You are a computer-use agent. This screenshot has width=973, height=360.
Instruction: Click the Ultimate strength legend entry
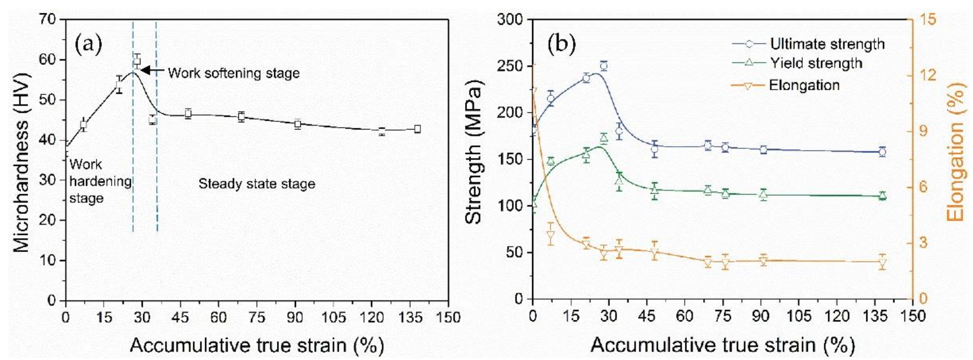[x=827, y=44]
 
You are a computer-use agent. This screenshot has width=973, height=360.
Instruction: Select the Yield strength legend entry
[x=816, y=63]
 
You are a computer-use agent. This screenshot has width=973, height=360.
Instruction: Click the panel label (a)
[x=88, y=44]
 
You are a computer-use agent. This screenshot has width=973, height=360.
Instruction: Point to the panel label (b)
[x=561, y=44]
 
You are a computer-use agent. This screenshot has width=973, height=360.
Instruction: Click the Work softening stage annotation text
[x=234, y=73]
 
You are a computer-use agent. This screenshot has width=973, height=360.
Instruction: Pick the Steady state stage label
[x=257, y=184]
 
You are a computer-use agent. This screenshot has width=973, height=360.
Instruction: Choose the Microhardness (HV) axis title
[x=21, y=160]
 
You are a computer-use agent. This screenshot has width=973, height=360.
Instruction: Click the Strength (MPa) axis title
[x=474, y=159]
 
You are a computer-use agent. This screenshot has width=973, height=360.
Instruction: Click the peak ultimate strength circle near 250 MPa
[x=604, y=66]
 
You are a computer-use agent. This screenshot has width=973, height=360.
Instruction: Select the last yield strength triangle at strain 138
[x=882, y=195]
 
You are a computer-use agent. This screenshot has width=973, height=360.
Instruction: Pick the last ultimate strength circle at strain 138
[x=882, y=152]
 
